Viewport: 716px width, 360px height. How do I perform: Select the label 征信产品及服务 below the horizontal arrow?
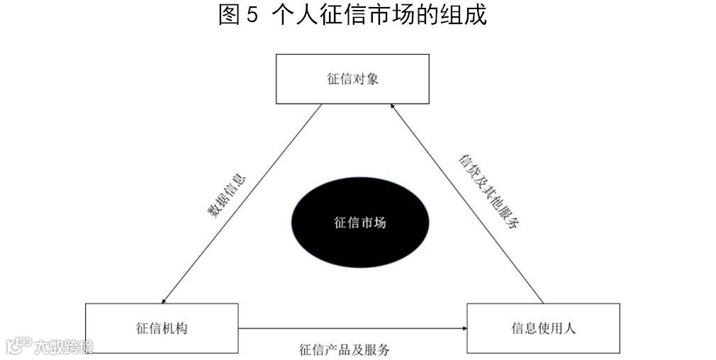pyautogui.click(x=345, y=349)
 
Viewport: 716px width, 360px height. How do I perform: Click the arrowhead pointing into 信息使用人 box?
pyautogui.click(x=464, y=328)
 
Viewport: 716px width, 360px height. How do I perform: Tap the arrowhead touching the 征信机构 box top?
pyautogui.click(x=164, y=300)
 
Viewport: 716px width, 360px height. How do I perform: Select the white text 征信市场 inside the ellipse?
pyautogui.click(x=360, y=223)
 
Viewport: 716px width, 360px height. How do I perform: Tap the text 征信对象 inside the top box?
pyautogui.click(x=352, y=79)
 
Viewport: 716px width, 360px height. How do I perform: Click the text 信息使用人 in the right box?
pyautogui.click(x=542, y=328)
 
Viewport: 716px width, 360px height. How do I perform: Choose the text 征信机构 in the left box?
pyautogui.click(x=162, y=328)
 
